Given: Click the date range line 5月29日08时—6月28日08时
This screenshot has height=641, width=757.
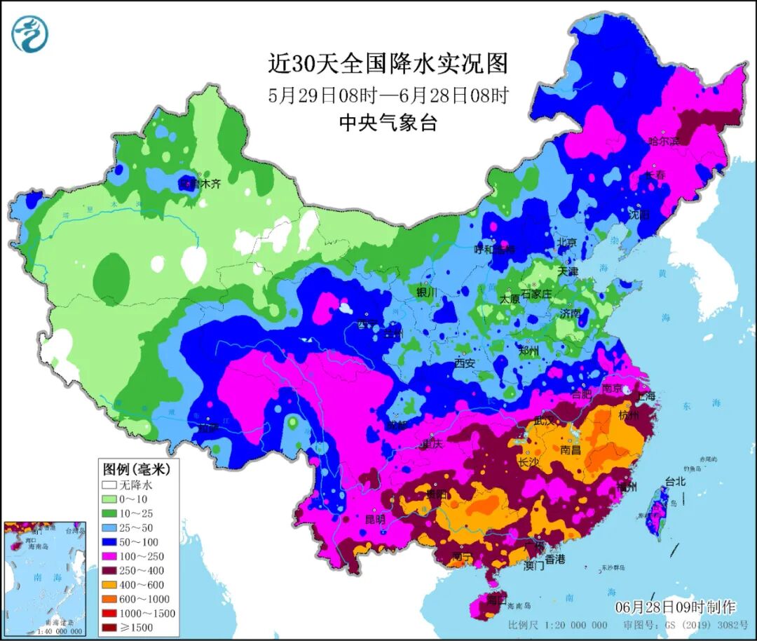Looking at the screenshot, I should coord(388,95).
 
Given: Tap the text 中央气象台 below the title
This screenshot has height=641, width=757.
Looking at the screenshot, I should coord(388,123).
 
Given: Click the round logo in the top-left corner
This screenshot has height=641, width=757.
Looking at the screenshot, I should coord(29,33).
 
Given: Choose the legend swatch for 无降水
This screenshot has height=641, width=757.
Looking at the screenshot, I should coord(109,485).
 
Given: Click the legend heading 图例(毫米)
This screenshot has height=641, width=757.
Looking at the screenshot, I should coord(131,468).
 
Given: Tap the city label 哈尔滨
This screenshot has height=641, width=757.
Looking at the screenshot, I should coord(664,141).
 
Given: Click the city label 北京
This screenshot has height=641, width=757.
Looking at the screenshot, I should coord(566,242).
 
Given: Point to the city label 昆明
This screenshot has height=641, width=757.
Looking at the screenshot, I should coord(375,520).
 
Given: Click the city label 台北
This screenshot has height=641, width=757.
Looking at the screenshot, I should coord(675,482).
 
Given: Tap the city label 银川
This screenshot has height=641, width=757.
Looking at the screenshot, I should coord(426,292).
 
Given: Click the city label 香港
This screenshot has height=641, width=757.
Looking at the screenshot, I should coord(554,559).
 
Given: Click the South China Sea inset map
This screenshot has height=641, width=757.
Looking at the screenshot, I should coord(43,579).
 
